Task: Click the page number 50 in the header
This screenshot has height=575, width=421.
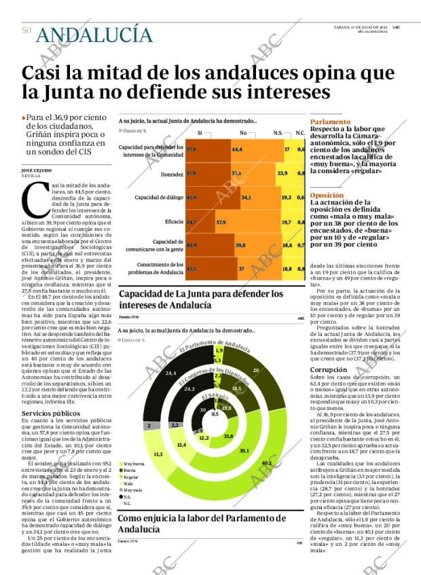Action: [x=26, y=31]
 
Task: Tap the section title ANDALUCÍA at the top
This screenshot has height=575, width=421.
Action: [x=94, y=34]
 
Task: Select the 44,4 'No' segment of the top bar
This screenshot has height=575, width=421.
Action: [x=237, y=149]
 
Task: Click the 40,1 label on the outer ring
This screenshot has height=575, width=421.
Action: [x=266, y=463]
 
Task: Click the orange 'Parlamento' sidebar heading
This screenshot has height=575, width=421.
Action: [x=326, y=121]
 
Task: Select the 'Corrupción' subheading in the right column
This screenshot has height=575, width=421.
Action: [x=328, y=369]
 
